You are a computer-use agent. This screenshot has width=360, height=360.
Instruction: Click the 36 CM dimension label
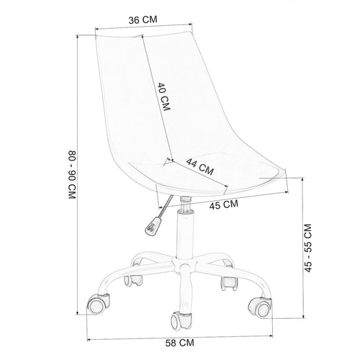click(x=143, y=19)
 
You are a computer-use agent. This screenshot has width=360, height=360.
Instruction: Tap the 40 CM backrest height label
click(x=164, y=96)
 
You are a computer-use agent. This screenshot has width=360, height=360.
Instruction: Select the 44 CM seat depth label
click(x=199, y=166)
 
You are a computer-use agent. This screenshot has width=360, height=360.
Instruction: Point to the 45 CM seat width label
click(x=224, y=204)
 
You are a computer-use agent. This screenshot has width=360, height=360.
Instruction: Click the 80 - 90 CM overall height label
click(x=72, y=174)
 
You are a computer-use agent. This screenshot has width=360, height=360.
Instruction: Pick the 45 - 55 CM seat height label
click(x=308, y=248)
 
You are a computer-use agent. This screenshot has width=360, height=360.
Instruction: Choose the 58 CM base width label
click(x=180, y=343)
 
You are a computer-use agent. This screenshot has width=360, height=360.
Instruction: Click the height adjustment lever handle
click(x=151, y=226)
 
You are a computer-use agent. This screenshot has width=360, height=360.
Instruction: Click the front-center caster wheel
click(x=181, y=320)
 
